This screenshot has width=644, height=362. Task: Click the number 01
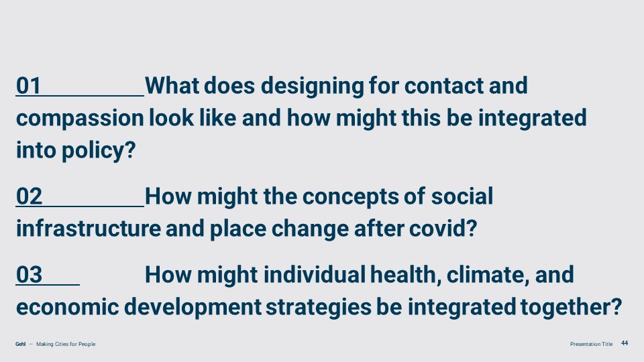[28, 86]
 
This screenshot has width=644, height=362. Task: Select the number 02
[29, 196]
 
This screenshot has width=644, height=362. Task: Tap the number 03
[29, 274]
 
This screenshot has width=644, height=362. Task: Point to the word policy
[99, 150]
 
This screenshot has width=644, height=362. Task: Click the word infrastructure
[89, 228]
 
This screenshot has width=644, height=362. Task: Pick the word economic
[67, 307]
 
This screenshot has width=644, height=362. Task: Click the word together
[571, 308]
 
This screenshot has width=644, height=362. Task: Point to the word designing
[313, 86]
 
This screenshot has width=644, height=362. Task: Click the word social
[462, 196]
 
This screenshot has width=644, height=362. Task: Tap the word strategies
[318, 308]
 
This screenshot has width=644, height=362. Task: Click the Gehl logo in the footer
[21, 344]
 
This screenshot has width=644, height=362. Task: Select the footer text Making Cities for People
[66, 344]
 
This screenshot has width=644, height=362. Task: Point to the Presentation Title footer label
[591, 344]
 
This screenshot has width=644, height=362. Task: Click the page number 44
[625, 343]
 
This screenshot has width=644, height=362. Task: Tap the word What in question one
[172, 86]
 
